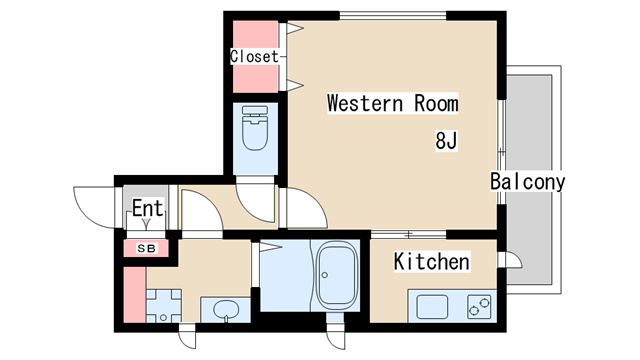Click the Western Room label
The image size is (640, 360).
[393, 103]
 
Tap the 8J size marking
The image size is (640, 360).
[446, 141]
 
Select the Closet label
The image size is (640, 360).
[254, 56]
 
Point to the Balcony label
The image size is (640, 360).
[527, 182]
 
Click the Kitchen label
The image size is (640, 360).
[431, 261]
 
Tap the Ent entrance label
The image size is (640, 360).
[148, 208]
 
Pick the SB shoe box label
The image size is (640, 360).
[146, 248]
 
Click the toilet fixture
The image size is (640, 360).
[255, 128]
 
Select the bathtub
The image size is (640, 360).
[338, 276]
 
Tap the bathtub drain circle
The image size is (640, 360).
[324, 275]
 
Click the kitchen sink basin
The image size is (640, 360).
[432, 307]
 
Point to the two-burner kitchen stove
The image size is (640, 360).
[479, 307]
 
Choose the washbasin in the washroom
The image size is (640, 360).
[225, 309]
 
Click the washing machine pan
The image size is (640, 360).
[164, 306]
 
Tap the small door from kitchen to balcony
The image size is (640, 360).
[510, 260]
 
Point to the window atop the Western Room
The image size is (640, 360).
[393, 16]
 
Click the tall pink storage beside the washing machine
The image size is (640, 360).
[135, 295]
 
